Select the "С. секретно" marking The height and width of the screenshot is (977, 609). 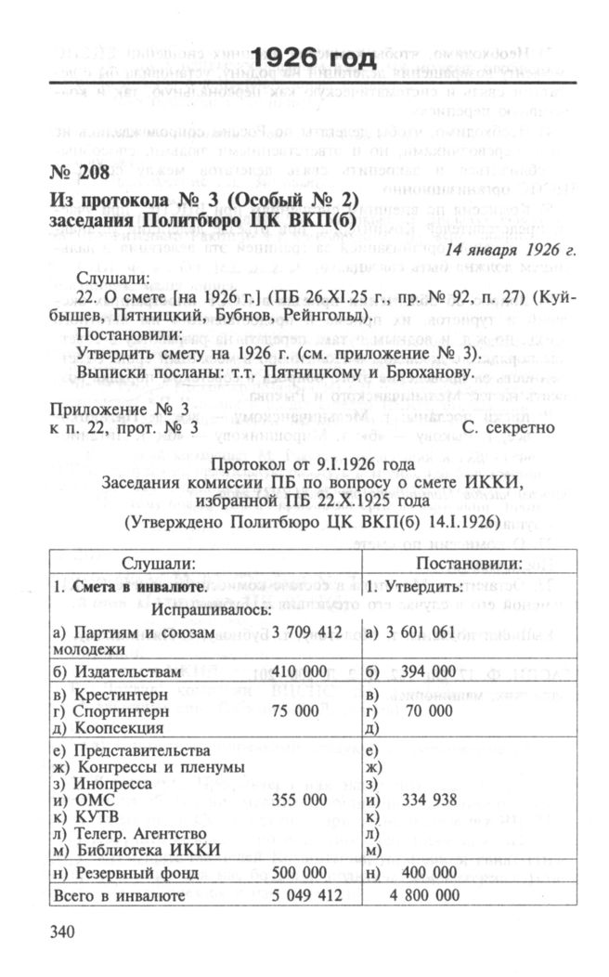point(509,428)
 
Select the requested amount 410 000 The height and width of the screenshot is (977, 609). point(302,671)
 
